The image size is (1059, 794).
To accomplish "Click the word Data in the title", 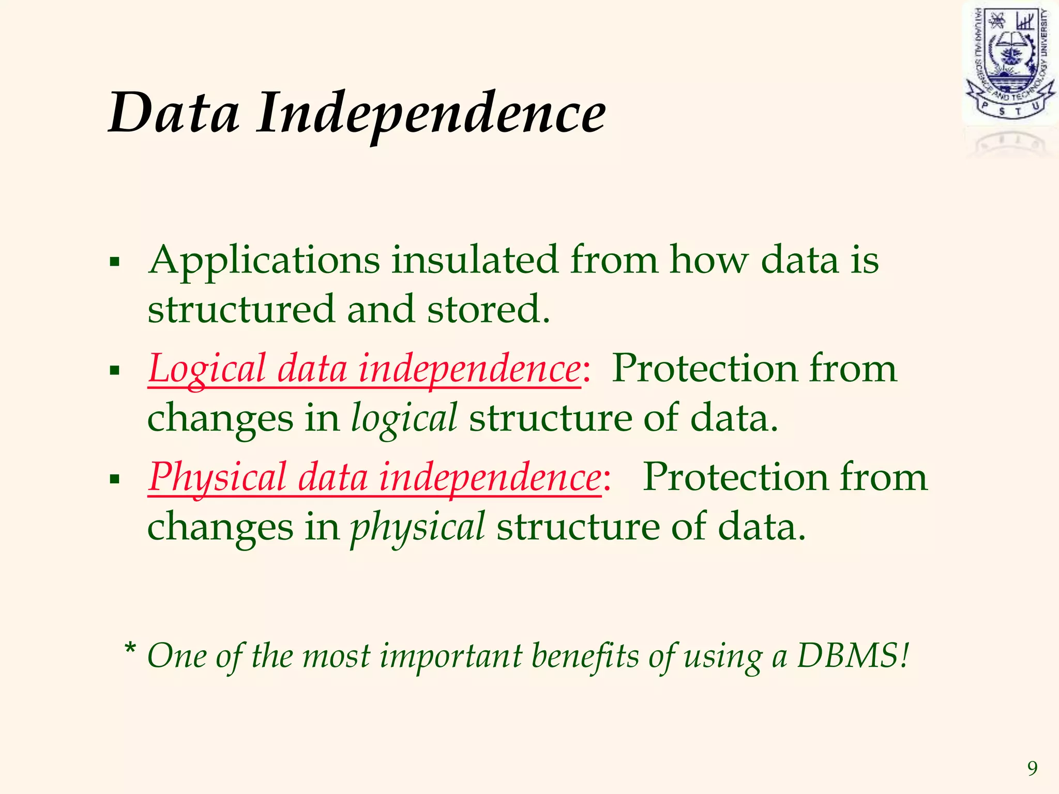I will point(174,113).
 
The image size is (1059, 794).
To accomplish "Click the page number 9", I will point(1032,769).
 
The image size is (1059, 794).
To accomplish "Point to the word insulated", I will point(474,259).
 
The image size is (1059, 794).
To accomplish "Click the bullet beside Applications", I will point(115,262).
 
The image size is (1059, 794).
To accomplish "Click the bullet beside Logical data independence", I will point(115,370).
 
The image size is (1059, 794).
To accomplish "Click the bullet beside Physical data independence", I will point(115,479).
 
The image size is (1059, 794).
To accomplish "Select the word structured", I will point(241,309).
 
